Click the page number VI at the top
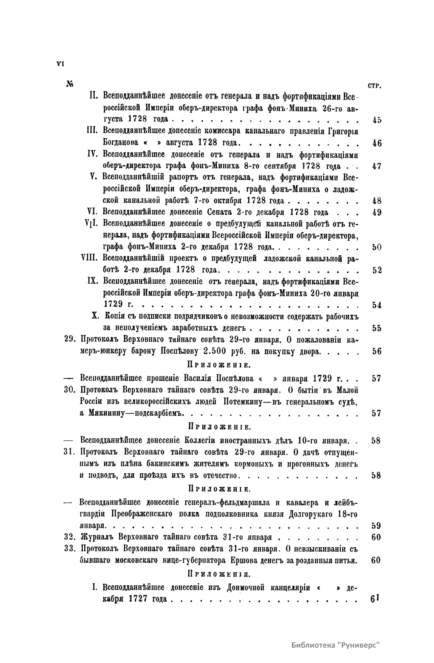60,64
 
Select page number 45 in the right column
377,120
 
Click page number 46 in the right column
377,143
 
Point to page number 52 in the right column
377,270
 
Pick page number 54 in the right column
377,305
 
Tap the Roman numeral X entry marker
96,316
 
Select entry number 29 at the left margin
69,340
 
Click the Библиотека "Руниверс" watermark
336,645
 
